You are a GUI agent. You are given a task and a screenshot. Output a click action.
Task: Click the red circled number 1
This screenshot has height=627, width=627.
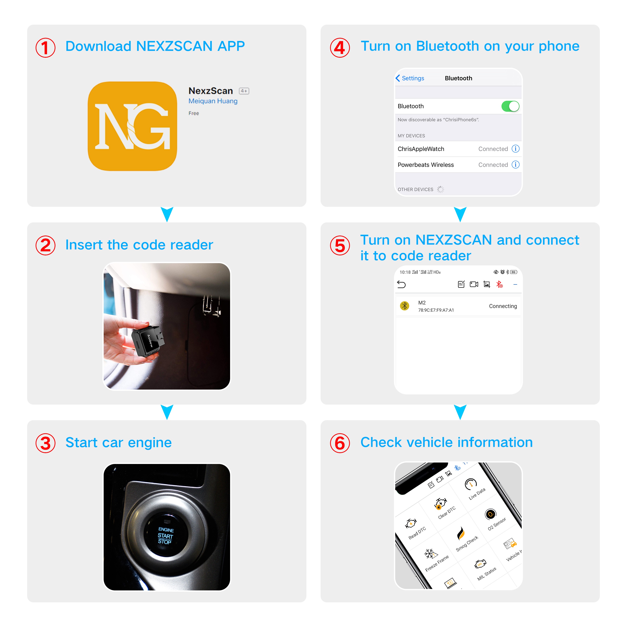point(45,48)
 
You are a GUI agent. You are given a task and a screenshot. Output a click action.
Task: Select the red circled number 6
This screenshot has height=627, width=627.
point(340,443)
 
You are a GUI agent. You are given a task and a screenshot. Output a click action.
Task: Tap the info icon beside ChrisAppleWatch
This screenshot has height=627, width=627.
point(515,149)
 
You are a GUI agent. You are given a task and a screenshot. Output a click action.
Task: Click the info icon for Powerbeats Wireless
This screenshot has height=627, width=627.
point(515,164)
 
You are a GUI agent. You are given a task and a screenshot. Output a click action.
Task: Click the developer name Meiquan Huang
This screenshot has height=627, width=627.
point(213,101)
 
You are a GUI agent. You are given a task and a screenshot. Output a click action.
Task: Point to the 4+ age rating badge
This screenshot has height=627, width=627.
point(244,91)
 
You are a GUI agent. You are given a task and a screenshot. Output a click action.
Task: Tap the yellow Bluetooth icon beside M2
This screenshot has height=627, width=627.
point(404,306)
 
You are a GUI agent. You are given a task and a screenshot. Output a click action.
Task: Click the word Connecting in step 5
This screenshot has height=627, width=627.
point(503,306)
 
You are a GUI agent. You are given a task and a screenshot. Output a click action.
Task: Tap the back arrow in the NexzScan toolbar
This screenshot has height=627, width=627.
point(401,285)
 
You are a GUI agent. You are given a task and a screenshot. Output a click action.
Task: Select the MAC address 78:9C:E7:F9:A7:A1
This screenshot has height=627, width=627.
point(436,310)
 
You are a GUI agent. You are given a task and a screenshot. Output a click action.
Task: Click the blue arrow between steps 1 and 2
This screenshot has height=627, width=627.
point(167,214)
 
